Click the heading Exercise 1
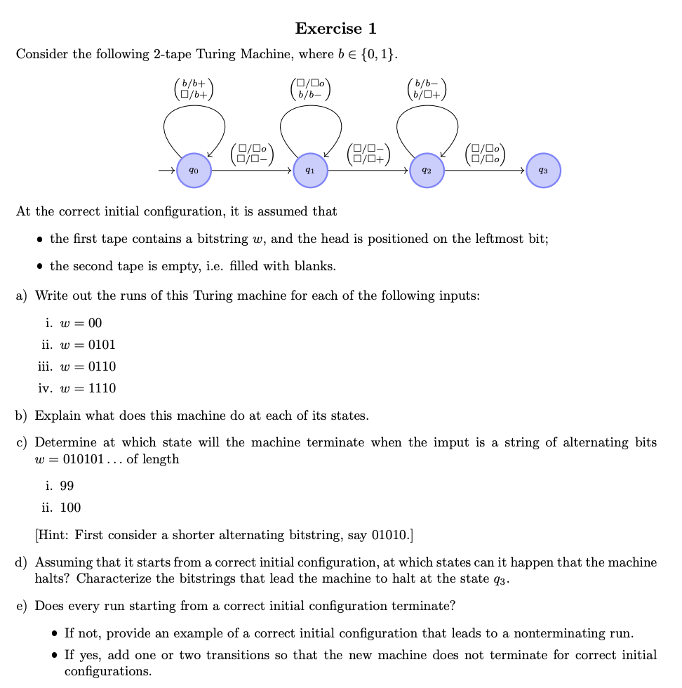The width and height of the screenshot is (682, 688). click(x=335, y=29)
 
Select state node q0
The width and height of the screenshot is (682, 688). click(x=194, y=171)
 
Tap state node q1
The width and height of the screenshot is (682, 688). click(x=310, y=171)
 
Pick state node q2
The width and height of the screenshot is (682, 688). click(x=427, y=171)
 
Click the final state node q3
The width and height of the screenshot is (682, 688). click(x=543, y=171)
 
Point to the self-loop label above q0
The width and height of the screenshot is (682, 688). click(x=194, y=88)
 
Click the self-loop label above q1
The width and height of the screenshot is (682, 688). click(x=311, y=88)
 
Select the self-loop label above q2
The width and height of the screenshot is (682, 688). click(x=427, y=88)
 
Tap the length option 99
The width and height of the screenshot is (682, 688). click(x=67, y=486)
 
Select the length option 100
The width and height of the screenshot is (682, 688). click(x=69, y=508)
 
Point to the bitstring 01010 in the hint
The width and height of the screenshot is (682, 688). click(x=390, y=535)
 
